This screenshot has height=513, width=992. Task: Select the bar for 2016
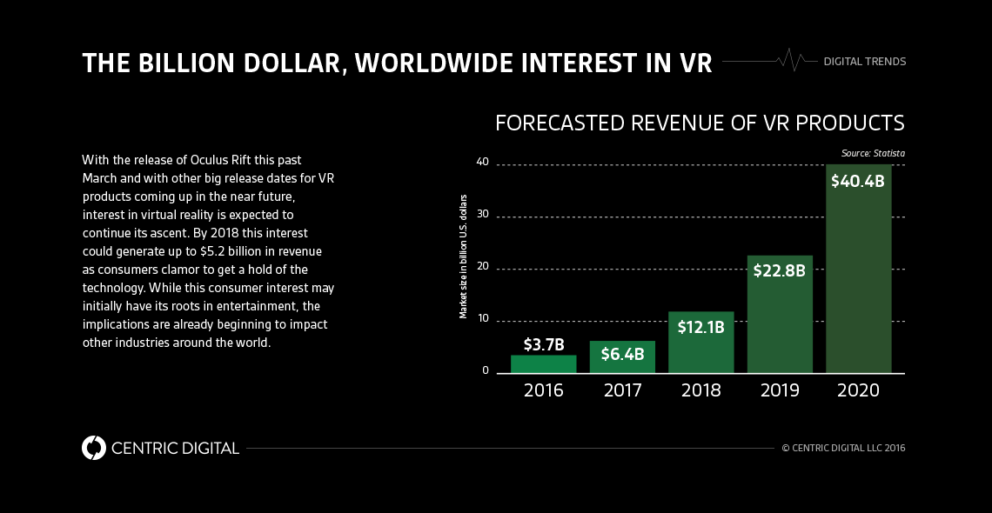[x=543, y=364]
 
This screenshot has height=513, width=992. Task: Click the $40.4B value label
[x=857, y=182]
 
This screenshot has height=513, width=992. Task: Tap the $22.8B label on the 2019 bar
[x=780, y=270]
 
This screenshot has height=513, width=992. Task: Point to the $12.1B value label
[x=700, y=328]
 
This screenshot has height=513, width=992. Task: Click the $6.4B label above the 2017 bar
[x=622, y=354]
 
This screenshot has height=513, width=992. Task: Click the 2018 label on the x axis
[x=700, y=390]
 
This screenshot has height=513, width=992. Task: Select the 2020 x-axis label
[x=858, y=390]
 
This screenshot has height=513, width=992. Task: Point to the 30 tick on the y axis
[x=483, y=214]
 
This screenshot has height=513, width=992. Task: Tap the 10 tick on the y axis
[x=483, y=319]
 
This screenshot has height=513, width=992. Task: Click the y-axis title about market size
[x=464, y=256]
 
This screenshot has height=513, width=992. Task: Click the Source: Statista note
[x=872, y=153]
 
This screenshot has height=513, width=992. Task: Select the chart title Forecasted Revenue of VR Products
[x=700, y=123]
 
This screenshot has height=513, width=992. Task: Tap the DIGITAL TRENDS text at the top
[x=864, y=62]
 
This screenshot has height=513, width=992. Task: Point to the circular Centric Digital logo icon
[x=93, y=448]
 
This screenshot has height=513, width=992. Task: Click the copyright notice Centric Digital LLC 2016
[x=843, y=448]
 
